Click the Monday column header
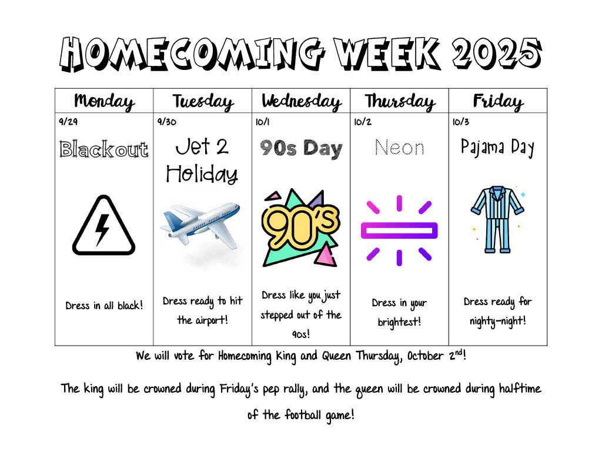click(104, 101)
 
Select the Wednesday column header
click(302, 102)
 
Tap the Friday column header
click(498, 102)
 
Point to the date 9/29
click(68, 122)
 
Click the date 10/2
click(363, 122)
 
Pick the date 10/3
click(461, 122)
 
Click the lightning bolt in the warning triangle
click(102, 230)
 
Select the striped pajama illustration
click(497, 219)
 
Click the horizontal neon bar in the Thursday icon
click(399, 230)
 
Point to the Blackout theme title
click(104, 149)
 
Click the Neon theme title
click(400, 148)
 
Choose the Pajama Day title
click(497, 148)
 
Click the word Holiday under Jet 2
click(202, 175)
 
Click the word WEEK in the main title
click(387, 53)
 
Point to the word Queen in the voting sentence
click(336, 356)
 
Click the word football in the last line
click(303, 415)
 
